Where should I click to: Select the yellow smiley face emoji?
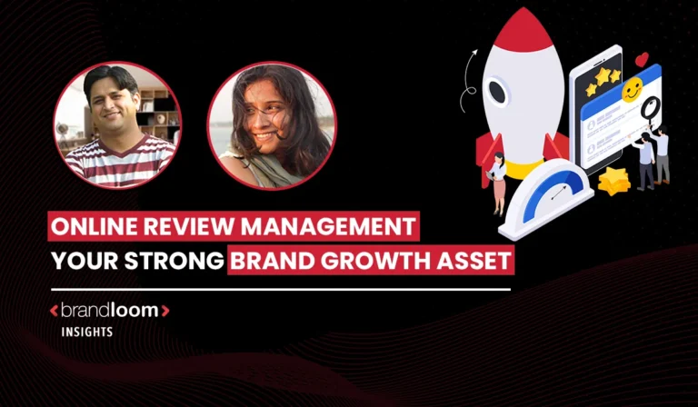tap(632, 88)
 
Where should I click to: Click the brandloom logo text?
tap(109, 311)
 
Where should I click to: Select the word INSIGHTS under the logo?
tap(86, 332)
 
